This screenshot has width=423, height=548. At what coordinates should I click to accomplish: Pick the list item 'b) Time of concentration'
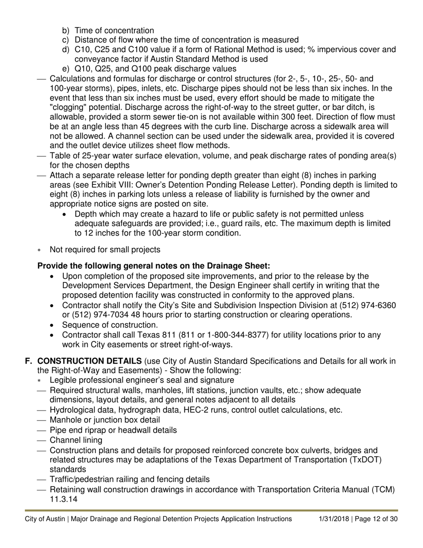[108, 31]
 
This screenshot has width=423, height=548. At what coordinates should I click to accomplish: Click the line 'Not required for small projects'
[105, 249]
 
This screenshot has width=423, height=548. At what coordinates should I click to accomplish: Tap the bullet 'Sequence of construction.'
[110, 325]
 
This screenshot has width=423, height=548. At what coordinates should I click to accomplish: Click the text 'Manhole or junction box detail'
[105, 420]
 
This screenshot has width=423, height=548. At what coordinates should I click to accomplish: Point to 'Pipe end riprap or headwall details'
[113, 430]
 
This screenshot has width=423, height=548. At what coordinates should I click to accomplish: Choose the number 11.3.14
[64, 499]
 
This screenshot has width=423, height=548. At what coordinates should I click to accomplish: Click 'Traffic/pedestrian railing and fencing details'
[129, 479]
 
